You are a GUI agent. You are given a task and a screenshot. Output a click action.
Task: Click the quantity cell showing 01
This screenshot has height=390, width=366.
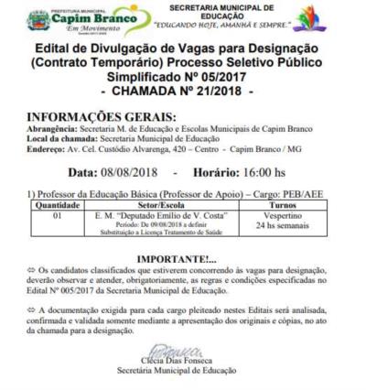tap(56, 217)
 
